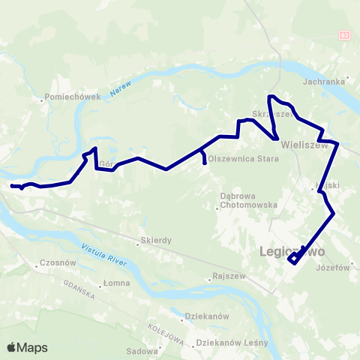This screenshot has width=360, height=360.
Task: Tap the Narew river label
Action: point(120,85)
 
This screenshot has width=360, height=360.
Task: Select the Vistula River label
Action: point(102,255)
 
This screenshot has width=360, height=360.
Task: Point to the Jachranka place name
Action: point(324,81)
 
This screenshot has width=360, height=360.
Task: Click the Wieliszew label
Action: point(306,147)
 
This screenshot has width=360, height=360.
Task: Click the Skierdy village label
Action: point(156,241)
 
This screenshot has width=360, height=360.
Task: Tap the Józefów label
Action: point(334,268)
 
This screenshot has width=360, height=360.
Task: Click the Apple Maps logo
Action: point(27,347)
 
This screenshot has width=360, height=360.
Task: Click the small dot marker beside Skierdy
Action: point(139,241)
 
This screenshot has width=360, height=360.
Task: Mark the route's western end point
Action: point(11,185)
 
